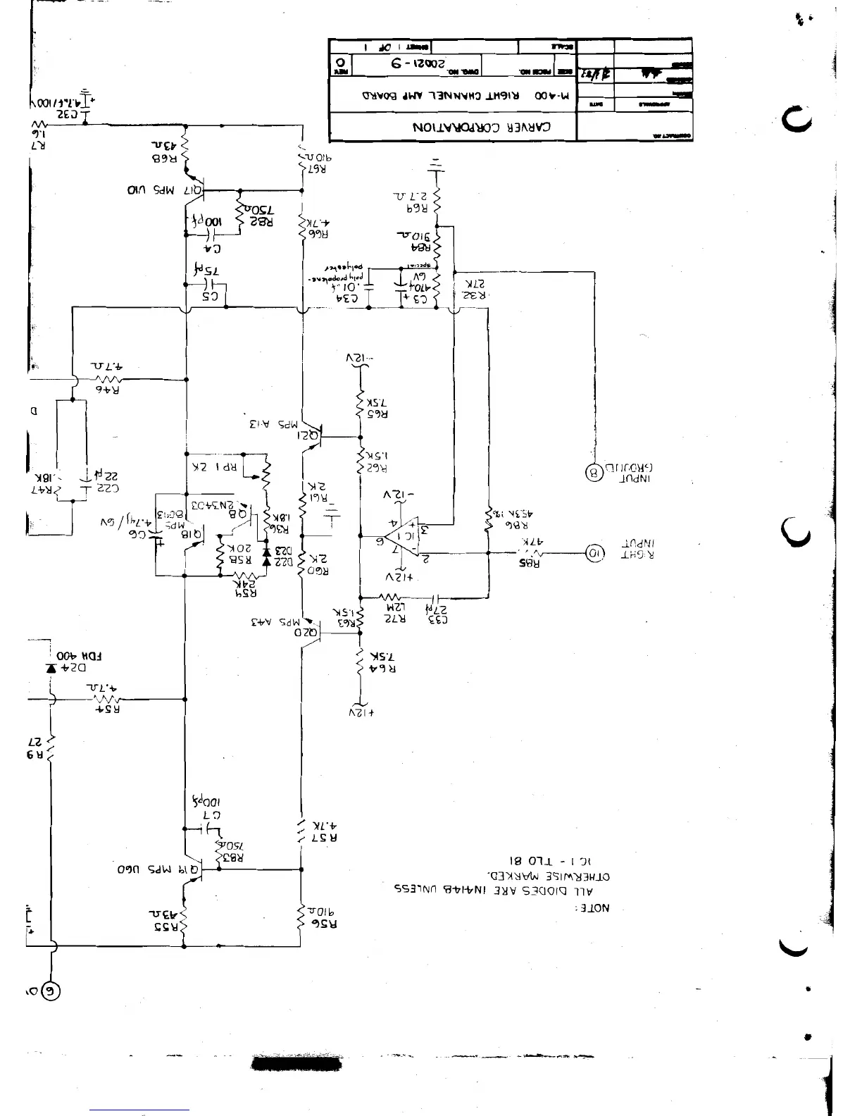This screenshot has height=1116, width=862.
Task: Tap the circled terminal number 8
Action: pyautogui.click(x=594, y=473)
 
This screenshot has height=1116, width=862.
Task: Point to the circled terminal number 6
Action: pyautogui.click(x=50, y=991)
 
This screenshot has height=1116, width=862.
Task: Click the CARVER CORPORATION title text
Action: pyautogui.click(x=482, y=128)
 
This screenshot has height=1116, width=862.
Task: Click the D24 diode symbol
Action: pyautogui.click(x=51, y=666)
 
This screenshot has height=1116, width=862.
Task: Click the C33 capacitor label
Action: pyautogui.click(x=437, y=619)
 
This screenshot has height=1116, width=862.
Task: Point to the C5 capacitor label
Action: pyautogui.click(x=211, y=297)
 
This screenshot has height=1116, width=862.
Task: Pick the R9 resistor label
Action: pyautogui.click(x=35, y=755)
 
